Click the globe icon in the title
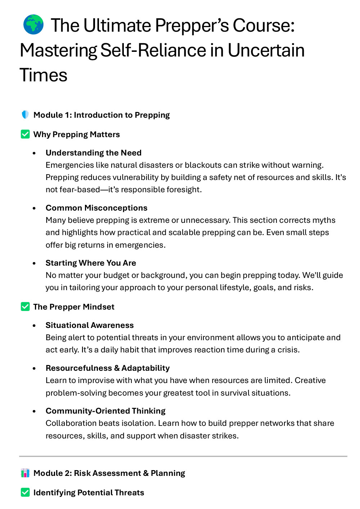point(33,24)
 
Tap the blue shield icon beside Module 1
point(25,114)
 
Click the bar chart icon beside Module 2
point(25,473)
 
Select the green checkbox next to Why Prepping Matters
point(25,134)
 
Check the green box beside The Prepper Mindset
point(25,307)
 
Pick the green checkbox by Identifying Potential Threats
point(25,492)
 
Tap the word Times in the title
point(43,75)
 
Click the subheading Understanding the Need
point(93,153)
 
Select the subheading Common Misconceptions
point(96,208)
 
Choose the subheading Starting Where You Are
point(91,263)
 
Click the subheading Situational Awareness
point(89,325)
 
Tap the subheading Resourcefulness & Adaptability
point(107,368)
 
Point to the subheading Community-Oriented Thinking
point(105,411)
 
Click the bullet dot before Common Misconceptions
point(34,208)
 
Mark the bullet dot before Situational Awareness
point(34,325)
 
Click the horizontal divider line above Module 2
point(183,456)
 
